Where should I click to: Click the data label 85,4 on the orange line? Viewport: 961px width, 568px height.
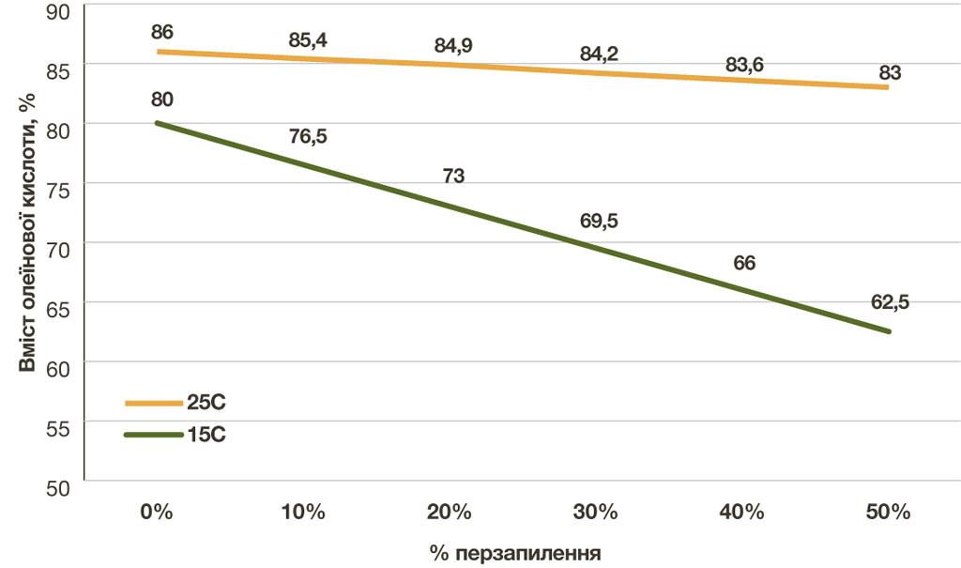(x=308, y=40)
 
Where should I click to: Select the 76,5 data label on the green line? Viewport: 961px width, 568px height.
(x=308, y=136)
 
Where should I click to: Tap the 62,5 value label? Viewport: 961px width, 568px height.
(x=890, y=302)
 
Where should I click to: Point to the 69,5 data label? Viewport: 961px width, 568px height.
(x=599, y=221)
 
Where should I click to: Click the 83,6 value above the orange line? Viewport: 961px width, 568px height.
(x=744, y=65)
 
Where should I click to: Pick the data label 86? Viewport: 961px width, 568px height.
(x=161, y=32)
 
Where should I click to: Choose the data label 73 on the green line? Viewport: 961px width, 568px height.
(x=453, y=177)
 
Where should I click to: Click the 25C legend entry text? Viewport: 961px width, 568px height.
(x=206, y=403)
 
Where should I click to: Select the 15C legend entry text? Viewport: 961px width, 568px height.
(x=206, y=435)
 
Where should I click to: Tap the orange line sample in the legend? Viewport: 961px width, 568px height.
(x=154, y=403)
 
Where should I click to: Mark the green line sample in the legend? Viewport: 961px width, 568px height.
(x=154, y=435)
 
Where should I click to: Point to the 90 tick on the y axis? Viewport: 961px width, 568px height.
(x=58, y=12)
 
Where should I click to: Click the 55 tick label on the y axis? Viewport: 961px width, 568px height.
(x=58, y=429)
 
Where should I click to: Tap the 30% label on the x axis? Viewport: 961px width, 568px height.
(x=595, y=512)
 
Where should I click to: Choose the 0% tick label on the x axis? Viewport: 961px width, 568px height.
(x=157, y=512)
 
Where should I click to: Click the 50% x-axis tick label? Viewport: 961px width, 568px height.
(x=888, y=512)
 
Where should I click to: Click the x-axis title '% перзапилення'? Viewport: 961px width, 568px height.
(x=515, y=553)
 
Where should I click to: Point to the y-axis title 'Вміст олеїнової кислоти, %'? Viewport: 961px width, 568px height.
(x=27, y=233)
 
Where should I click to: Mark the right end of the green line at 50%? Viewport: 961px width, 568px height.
(x=888, y=331)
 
